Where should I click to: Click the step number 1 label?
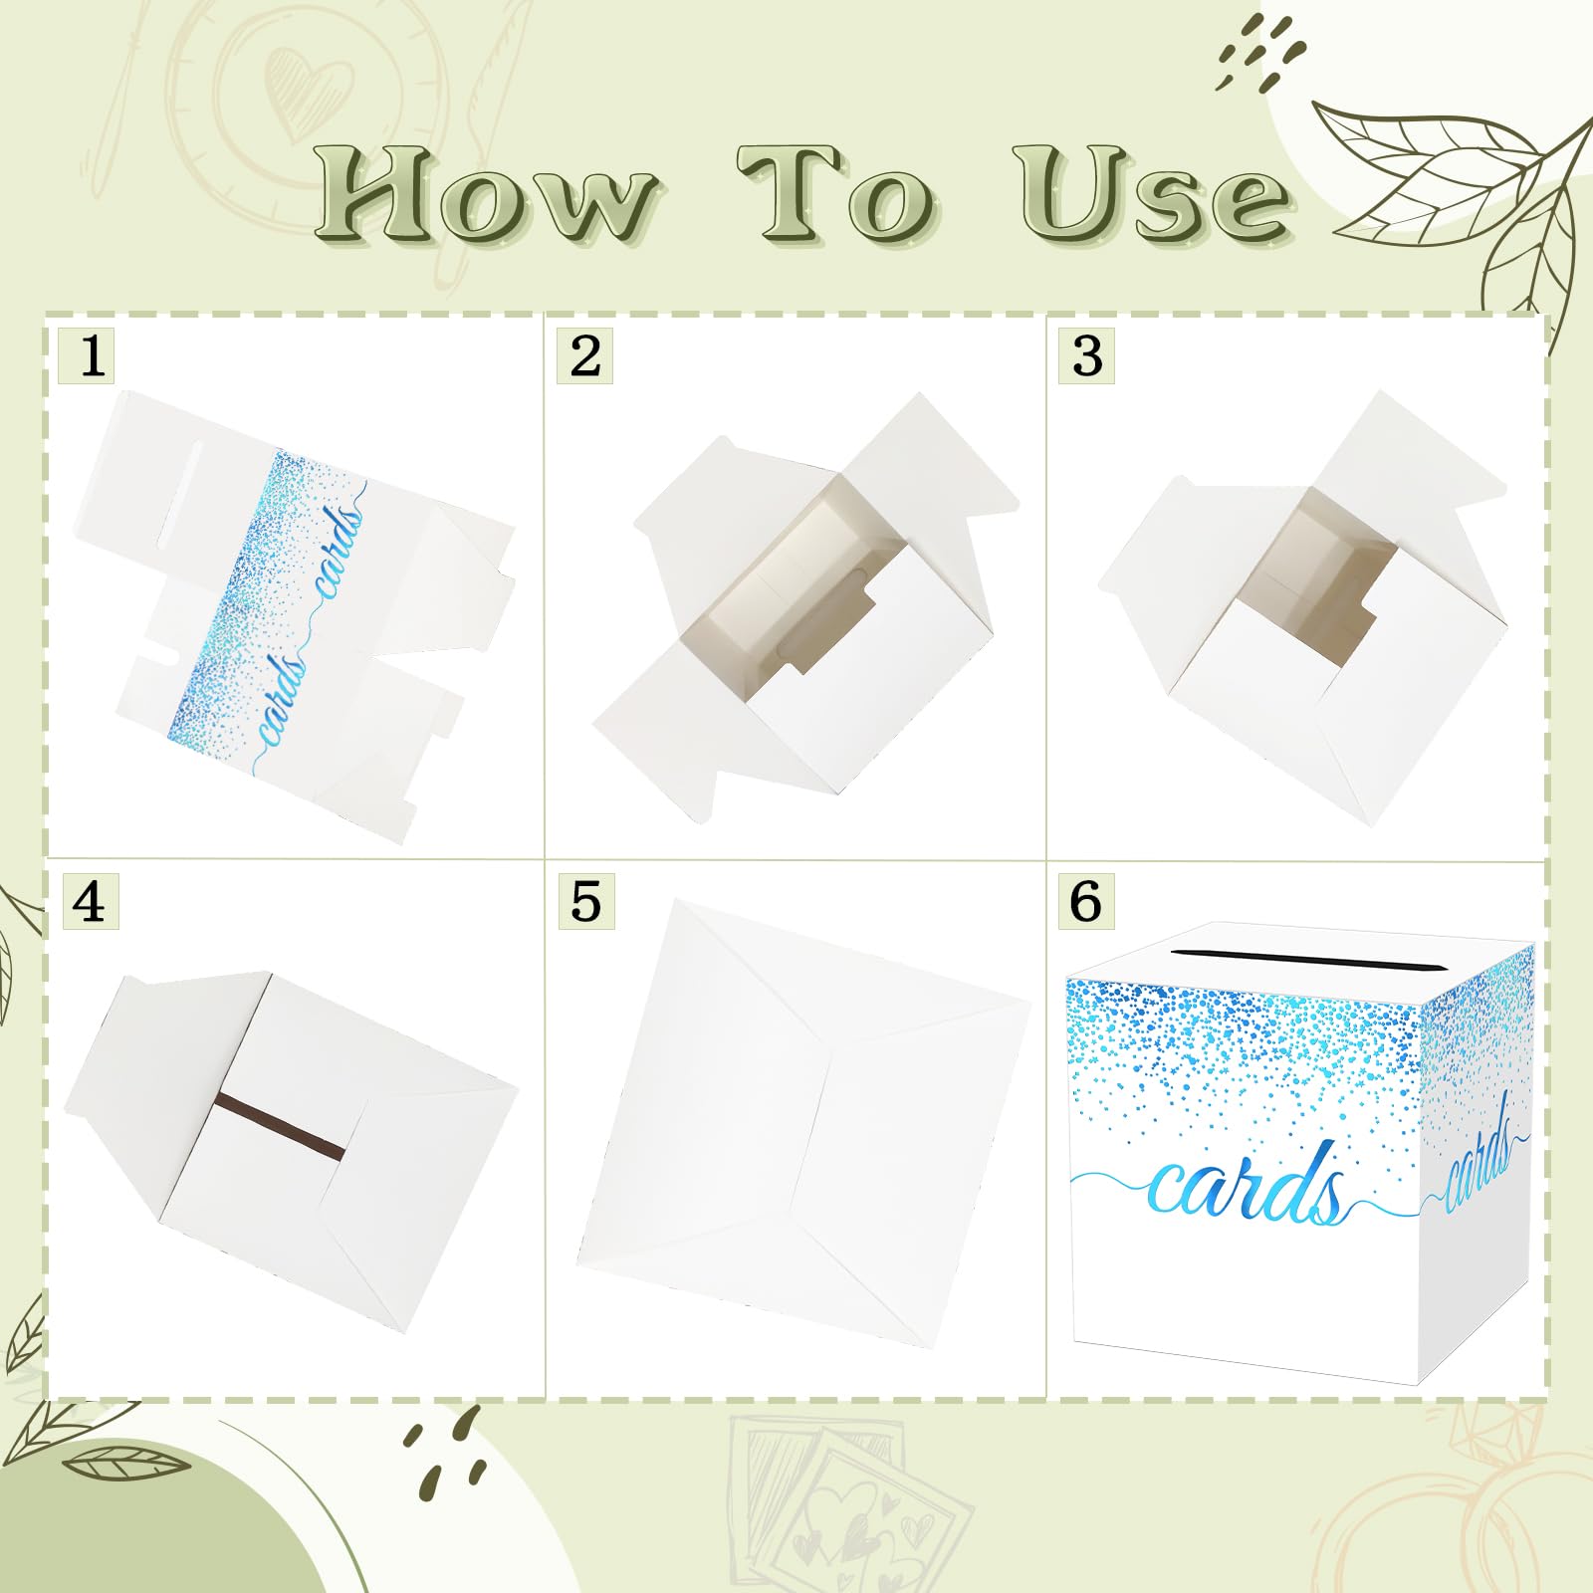point(87,355)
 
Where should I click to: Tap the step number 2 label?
point(584,355)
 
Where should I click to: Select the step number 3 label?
point(1086,355)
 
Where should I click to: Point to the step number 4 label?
point(90,901)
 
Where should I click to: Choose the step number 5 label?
point(585,901)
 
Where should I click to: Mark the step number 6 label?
point(1085,901)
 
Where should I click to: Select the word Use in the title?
point(1153,193)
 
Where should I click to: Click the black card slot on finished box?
point(1307,960)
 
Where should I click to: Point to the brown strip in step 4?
point(281,1125)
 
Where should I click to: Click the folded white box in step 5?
point(803,1125)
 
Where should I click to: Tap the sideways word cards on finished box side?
point(1478,1153)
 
